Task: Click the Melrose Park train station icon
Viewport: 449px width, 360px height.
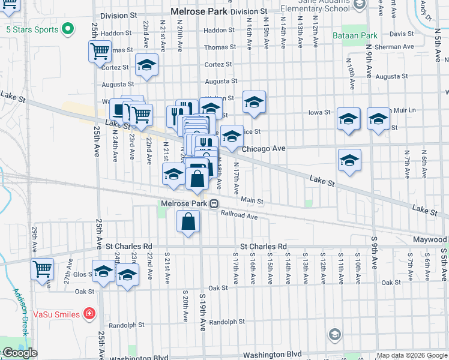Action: tap(213, 203)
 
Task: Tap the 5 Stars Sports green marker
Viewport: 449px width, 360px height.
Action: tap(68, 29)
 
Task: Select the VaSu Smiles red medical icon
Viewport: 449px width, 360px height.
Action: tap(89, 313)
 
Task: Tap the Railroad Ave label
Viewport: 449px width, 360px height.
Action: tap(238, 214)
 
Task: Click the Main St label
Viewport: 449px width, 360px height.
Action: tap(252, 200)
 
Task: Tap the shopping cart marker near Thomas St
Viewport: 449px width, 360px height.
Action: tap(100, 51)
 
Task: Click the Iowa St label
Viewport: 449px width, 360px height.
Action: tap(319, 112)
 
